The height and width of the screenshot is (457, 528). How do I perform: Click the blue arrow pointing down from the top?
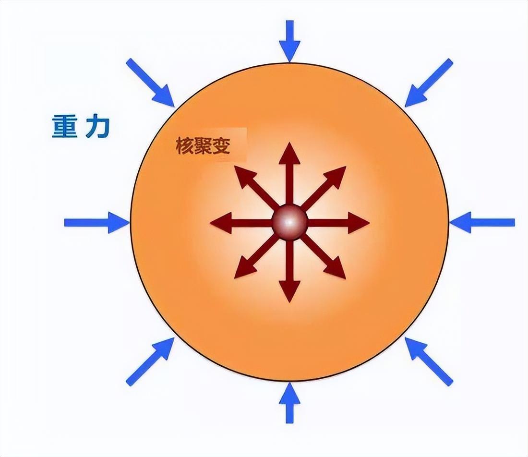click(x=289, y=41)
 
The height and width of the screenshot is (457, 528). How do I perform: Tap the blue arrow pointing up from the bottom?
click(x=289, y=402)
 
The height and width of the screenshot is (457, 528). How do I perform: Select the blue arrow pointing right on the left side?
click(x=97, y=223)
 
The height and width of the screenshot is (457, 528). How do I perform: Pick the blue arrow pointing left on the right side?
click(x=482, y=223)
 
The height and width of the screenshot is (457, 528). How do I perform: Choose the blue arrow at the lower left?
click(x=151, y=361)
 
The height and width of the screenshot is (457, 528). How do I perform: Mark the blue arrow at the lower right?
click(x=429, y=361)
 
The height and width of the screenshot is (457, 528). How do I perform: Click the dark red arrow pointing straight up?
click(x=289, y=174)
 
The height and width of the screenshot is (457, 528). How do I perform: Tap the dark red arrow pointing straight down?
click(x=289, y=270)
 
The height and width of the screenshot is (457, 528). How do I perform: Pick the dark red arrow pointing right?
click(x=338, y=223)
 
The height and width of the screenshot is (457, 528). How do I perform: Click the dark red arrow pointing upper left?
click(x=257, y=188)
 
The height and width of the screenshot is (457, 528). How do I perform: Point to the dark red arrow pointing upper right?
click(x=323, y=188)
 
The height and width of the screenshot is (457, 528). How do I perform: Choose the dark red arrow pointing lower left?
click(x=257, y=256)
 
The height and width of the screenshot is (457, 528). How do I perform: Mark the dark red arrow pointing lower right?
click(x=323, y=256)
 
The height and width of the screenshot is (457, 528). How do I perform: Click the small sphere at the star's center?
click(x=289, y=223)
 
